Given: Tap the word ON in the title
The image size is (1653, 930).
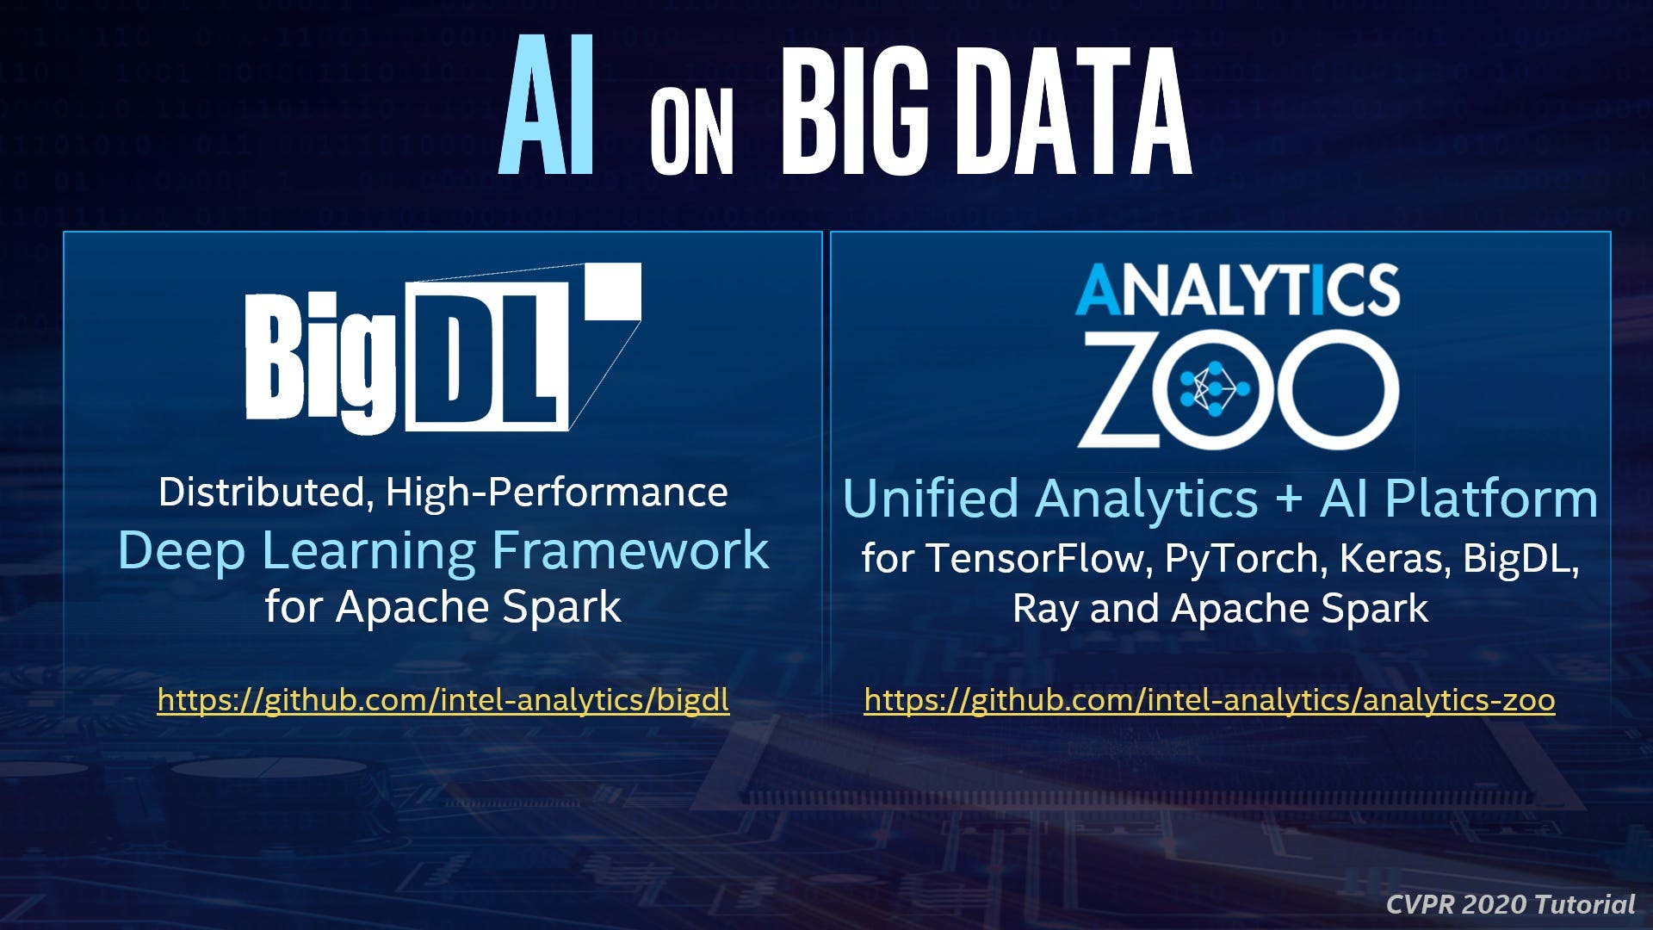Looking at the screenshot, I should (x=691, y=133).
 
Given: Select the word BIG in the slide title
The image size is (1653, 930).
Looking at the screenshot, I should (x=855, y=110).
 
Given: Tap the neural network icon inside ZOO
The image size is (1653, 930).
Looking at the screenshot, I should (x=1214, y=389).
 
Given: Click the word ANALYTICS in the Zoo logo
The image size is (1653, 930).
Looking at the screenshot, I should (x=1237, y=290).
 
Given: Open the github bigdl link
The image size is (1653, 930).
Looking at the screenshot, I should (x=443, y=699).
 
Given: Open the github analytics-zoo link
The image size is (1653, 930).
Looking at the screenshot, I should (x=1209, y=699).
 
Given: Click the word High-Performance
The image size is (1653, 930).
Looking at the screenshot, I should (x=556, y=493).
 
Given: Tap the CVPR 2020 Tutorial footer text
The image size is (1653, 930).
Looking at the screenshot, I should (x=1510, y=904).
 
